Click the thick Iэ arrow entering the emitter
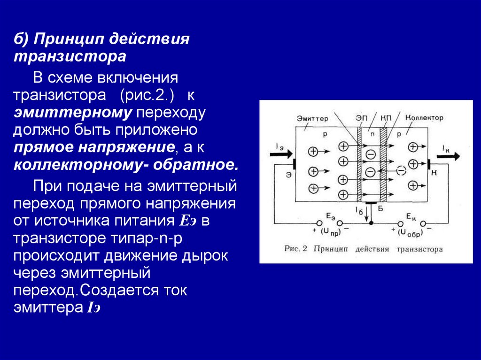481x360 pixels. point(281,153)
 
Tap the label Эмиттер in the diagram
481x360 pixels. point(312,118)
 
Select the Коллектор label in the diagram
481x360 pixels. point(424,117)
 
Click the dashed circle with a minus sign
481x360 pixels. point(400,170)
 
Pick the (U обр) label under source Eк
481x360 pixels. point(408,232)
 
